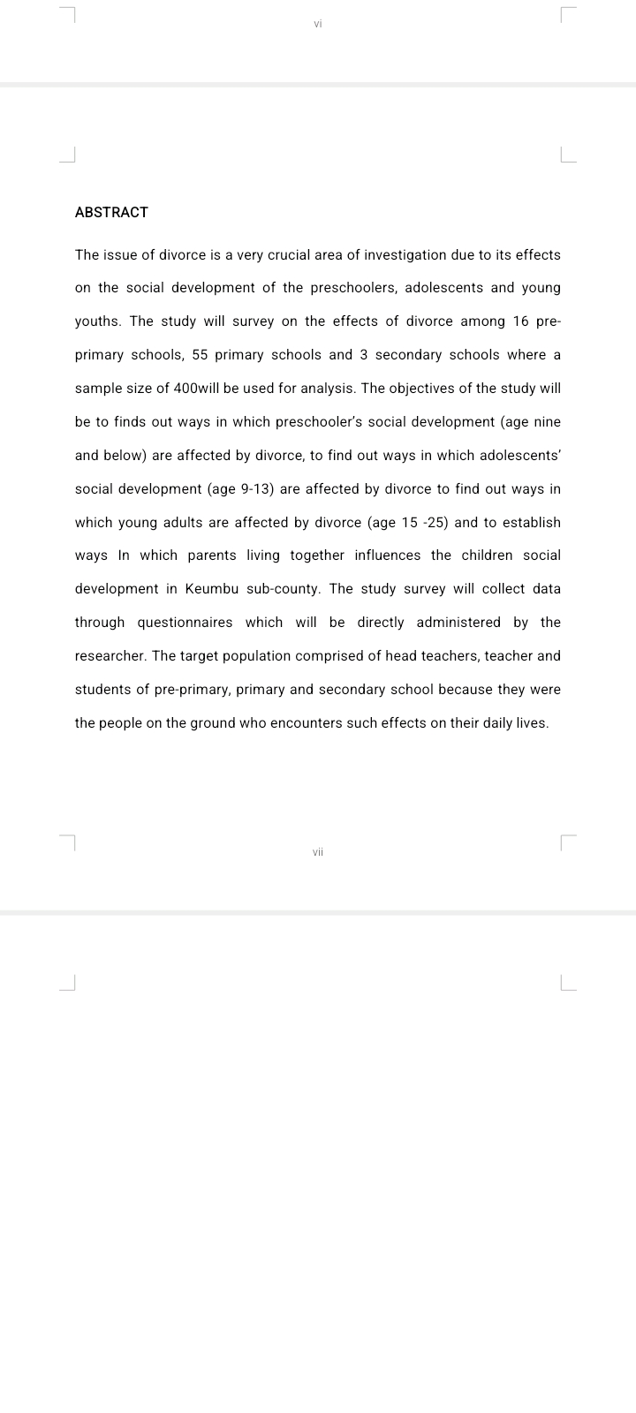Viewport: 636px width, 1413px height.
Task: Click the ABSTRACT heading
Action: pos(111,212)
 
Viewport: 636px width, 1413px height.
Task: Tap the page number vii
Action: pos(318,852)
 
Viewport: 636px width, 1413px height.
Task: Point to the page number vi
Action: pos(318,24)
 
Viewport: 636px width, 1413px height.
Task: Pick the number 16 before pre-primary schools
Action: pos(520,321)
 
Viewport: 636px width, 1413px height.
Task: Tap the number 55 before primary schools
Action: pos(200,355)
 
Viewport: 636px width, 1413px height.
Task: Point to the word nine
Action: pos(547,422)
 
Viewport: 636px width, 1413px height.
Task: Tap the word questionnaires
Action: pos(185,623)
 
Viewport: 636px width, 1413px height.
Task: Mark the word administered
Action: pos(458,623)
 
